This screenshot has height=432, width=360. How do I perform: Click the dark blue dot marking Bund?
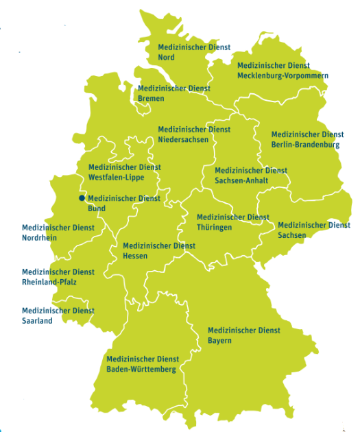[82, 198]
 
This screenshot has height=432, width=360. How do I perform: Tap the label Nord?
[166, 58]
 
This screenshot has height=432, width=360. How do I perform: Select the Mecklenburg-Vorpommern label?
[283, 75]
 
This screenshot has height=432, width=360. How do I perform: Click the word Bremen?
[151, 99]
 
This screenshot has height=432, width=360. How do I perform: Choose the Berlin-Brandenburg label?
[305, 145]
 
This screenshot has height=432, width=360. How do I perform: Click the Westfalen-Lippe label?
[117, 177]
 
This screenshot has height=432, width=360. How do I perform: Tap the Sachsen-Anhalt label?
[241, 181]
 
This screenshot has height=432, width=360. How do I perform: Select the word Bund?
[97, 208]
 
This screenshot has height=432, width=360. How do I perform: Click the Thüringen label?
[214, 228]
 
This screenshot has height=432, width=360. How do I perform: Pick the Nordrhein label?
[40, 238]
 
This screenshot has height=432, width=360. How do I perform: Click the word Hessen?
[134, 256]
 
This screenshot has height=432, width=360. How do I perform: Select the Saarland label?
[37, 321]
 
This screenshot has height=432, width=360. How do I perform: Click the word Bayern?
[219, 341]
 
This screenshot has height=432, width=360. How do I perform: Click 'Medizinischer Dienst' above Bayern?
[243, 331]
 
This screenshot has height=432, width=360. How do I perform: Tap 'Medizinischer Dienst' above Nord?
[194, 47]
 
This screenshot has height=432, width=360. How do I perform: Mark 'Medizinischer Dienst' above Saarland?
[58, 311]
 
